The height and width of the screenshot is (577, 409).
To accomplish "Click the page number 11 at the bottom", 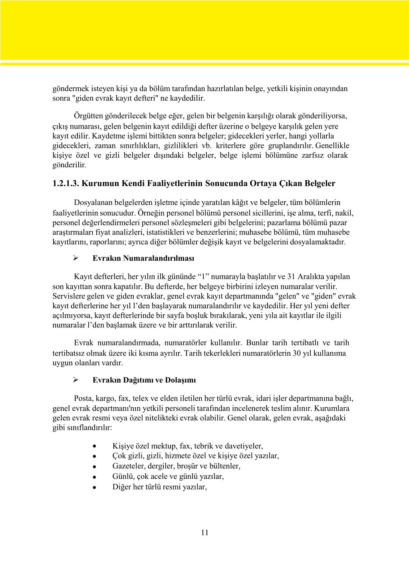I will [204, 532].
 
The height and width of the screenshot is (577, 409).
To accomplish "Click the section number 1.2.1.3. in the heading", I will [66, 184].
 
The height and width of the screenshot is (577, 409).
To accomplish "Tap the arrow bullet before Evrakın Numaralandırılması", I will [75, 258].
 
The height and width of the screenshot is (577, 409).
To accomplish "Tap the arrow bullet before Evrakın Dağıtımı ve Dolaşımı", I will [75, 380].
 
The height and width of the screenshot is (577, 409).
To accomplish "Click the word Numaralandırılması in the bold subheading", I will [159, 258].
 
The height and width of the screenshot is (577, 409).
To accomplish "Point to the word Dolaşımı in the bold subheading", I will [183, 380].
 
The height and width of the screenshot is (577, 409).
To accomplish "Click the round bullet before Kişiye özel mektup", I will [93, 446].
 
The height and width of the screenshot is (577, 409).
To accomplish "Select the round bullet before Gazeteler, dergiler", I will [93, 466].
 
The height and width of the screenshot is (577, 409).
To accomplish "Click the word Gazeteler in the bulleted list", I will [129, 466].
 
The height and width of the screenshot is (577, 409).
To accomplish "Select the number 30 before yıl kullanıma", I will [296, 353].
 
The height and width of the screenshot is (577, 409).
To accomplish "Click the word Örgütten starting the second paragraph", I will [89, 116].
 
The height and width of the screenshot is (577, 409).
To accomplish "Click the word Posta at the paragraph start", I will [83, 399].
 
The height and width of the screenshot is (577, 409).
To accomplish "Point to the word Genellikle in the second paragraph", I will [332, 146].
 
